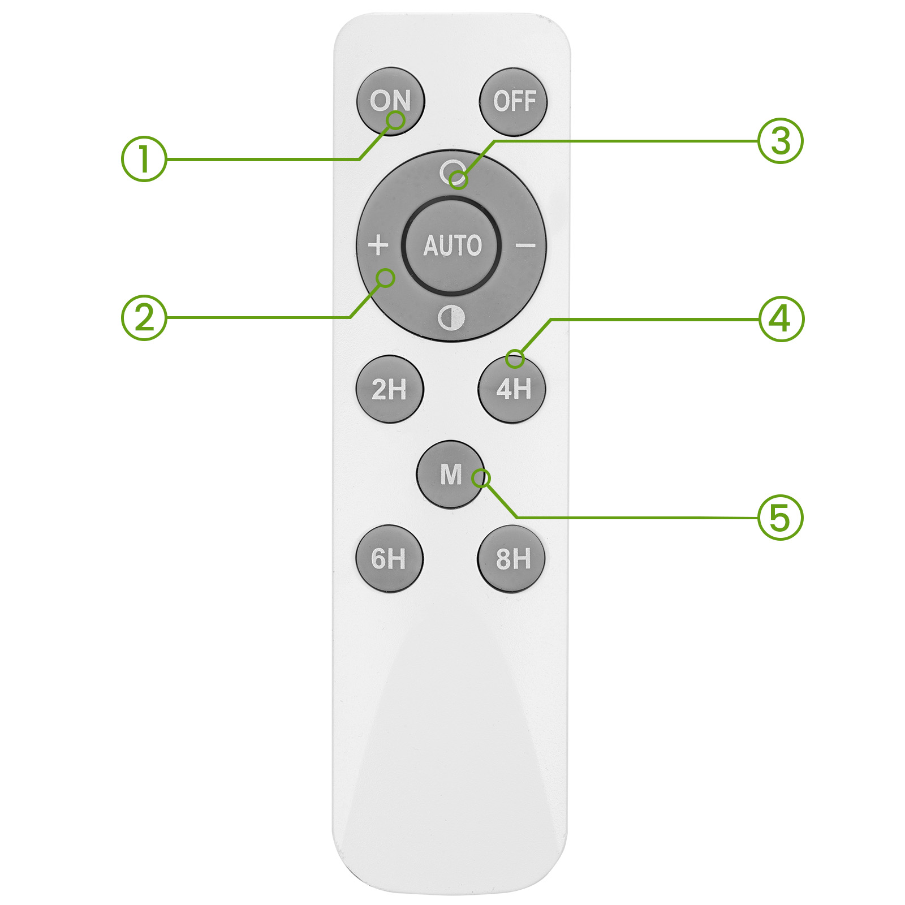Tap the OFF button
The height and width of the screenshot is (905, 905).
513,102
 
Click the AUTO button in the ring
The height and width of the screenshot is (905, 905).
452,245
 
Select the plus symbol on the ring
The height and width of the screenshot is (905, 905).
378,245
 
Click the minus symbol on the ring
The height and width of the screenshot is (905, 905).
525,245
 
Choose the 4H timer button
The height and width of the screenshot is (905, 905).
512,389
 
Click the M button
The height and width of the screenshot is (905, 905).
451,474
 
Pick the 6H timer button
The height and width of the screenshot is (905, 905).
389,559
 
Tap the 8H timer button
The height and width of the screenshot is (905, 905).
512,559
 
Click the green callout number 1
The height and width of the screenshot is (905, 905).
144,158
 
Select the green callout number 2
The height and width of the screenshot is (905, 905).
144,317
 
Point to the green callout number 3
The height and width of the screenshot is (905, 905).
781,141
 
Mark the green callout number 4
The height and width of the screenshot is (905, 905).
781,319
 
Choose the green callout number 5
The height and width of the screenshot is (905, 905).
781,518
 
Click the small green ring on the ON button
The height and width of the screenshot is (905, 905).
396,120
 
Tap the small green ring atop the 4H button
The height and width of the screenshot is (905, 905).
515,358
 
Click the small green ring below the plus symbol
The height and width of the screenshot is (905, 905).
386,278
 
